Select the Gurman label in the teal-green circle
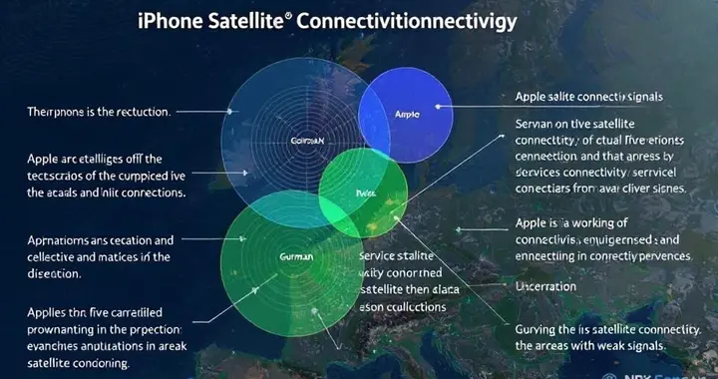coord(295,256)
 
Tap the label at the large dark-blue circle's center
coord(306,142)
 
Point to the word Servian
coord(538,123)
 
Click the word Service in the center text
coord(381,256)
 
